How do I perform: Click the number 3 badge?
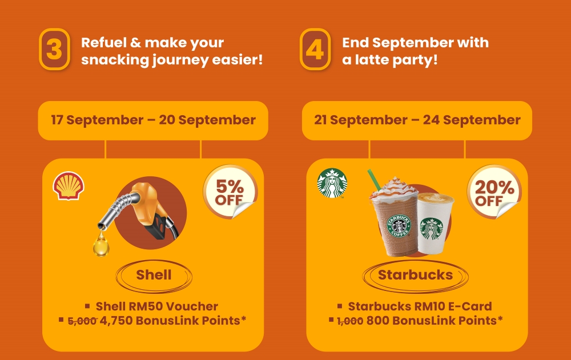point(54,49)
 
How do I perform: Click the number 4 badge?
point(315,49)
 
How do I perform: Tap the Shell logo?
point(69,185)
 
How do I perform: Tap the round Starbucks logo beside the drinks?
point(332,183)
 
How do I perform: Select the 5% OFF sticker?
point(230,192)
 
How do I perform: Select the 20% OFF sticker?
point(494,192)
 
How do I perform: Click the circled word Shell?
point(154,275)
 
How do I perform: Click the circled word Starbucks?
point(416,275)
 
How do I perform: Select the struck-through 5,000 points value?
point(82,321)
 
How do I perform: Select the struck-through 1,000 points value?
point(350,321)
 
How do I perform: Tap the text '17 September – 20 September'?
point(153,120)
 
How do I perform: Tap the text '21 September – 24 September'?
point(417,120)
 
